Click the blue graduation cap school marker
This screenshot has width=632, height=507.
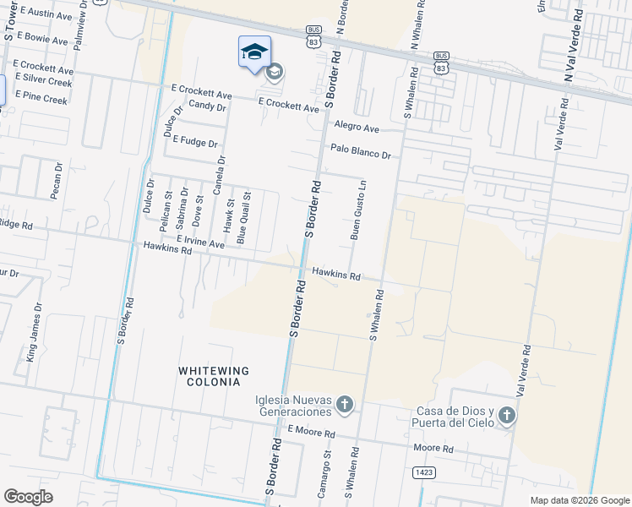coord(254,52)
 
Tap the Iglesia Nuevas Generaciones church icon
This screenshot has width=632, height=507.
coord(344,405)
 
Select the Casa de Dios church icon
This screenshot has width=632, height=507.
coord(506,415)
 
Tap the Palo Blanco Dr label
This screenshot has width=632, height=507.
coord(361,151)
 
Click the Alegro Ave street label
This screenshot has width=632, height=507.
coord(357,126)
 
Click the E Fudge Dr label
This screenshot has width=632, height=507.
coord(194,142)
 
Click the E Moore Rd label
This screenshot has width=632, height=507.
coord(311,432)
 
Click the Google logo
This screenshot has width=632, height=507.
coord(28,497)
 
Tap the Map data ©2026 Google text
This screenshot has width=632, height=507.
coord(579,500)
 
